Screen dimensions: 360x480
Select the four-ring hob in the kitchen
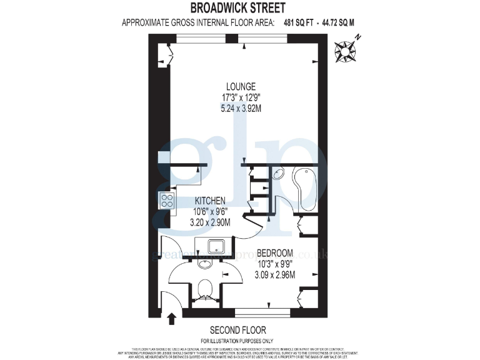(x=167, y=201)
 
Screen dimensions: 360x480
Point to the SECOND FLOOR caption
(x=237, y=330)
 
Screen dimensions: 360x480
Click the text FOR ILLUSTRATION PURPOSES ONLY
(x=237, y=341)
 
